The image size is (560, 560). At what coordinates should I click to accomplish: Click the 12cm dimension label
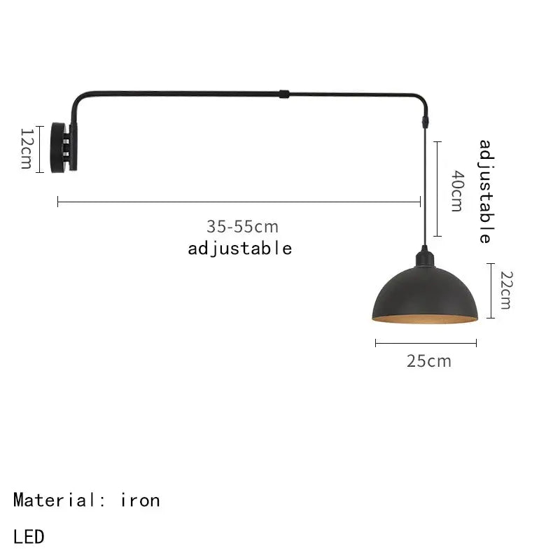pyautogui.click(x=26, y=148)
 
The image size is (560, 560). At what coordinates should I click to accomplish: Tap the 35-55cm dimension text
pyautogui.click(x=242, y=227)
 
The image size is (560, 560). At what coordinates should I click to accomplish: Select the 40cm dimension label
pyautogui.click(x=456, y=190)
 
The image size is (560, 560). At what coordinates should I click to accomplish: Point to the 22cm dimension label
pyautogui.click(x=505, y=290)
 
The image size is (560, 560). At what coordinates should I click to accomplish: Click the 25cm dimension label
pyautogui.click(x=428, y=361)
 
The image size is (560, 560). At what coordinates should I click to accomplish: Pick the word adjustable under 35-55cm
pyautogui.click(x=239, y=248)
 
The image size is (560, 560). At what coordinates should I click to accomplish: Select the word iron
pyautogui.click(x=140, y=500)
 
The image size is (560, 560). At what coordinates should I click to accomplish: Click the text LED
pyautogui.click(x=29, y=537)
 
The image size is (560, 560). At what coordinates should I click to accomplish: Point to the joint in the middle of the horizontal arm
pyautogui.click(x=282, y=93)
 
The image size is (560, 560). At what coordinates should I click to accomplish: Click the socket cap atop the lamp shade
pyautogui.click(x=424, y=257)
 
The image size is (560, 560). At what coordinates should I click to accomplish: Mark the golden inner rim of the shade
pyautogui.click(x=425, y=320)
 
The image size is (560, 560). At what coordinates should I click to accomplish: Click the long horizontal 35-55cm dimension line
pyautogui.click(x=238, y=202)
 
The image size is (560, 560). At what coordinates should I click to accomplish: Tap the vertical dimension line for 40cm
pyautogui.click(x=437, y=189)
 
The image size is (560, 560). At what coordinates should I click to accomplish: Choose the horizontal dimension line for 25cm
pyautogui.click(x=426, y=343)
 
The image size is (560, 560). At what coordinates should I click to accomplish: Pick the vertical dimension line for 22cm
pyautogui.click(x=491, y=290)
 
